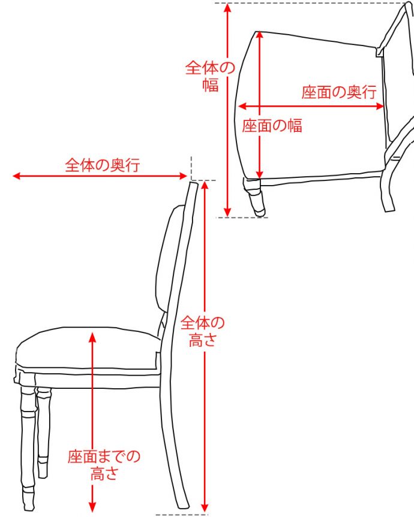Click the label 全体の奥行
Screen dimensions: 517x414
point(102,165)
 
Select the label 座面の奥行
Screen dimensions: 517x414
point(338,92)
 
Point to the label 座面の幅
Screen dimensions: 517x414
point(272,125)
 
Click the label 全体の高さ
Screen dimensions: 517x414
point(202,332)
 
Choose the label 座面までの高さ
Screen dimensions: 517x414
point(104,465)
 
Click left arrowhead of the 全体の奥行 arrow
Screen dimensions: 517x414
point(15,176)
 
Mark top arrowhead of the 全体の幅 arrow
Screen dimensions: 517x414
point(227,7)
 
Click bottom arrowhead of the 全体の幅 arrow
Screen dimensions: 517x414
point(227,213)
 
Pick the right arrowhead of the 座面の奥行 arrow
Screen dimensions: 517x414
point(381,106)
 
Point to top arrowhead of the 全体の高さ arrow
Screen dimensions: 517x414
point(205,183)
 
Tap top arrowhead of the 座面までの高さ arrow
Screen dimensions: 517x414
point(92,336)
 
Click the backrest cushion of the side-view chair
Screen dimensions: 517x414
point(167,258)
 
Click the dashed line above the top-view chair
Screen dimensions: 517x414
point(312,3)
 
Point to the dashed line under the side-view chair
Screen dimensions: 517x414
point(180,515)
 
